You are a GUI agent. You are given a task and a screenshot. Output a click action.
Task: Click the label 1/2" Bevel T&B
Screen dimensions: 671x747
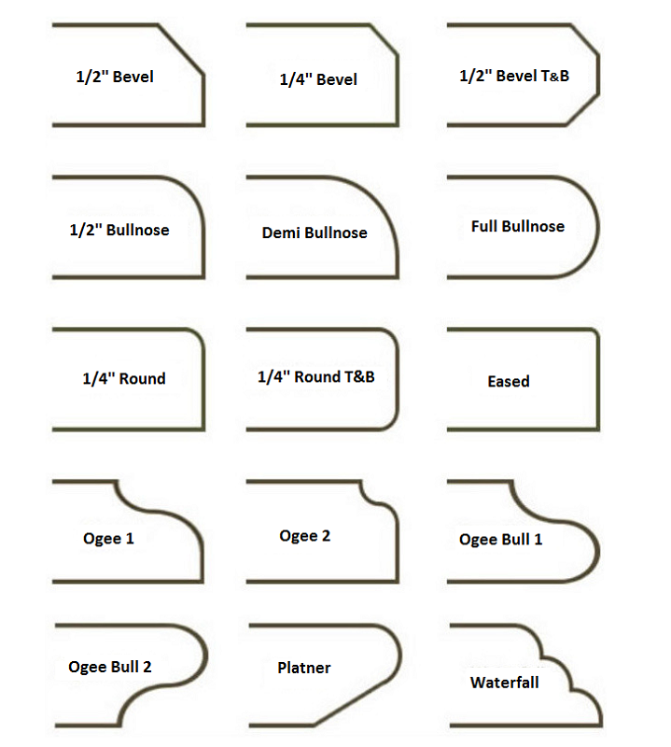click(514, 76)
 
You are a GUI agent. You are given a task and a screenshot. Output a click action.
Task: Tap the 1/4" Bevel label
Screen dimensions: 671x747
click(318, 79)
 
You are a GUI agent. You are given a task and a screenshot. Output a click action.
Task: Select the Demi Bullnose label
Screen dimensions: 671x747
click(315, 233)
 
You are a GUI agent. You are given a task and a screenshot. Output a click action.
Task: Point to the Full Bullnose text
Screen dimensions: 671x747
click(518, 226)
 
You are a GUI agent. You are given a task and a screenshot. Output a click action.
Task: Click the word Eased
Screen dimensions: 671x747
click(509, 381)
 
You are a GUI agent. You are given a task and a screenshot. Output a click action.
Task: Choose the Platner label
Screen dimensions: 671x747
click(304, 668)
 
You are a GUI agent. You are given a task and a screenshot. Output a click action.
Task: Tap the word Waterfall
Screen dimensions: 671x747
click(504, 683)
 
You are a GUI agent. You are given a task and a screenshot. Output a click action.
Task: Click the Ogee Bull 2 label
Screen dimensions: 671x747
click(110, 667)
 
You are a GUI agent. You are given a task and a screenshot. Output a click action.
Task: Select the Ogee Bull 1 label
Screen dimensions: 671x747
click(500, 540)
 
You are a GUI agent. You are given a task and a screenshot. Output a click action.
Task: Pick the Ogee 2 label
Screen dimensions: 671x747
click(305, 536)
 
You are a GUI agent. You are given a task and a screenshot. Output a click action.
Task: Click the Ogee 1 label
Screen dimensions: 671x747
click(108, 539)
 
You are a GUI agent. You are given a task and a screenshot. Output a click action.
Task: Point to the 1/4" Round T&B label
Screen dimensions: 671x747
click(316, 376)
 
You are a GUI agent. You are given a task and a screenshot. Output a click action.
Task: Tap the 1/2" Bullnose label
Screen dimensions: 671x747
click(119, 230)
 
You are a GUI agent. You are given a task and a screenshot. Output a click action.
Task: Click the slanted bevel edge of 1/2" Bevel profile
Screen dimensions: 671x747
click(180, 49)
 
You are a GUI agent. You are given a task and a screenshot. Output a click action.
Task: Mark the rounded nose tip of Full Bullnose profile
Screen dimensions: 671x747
click(597, 227)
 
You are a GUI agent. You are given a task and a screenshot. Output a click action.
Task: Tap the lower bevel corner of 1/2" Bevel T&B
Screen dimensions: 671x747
click(582, 110)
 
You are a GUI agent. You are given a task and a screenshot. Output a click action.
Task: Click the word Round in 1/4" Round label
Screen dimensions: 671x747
click(143, 378)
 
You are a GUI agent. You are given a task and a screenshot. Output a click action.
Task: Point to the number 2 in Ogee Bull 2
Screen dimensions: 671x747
click(147, 667)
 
